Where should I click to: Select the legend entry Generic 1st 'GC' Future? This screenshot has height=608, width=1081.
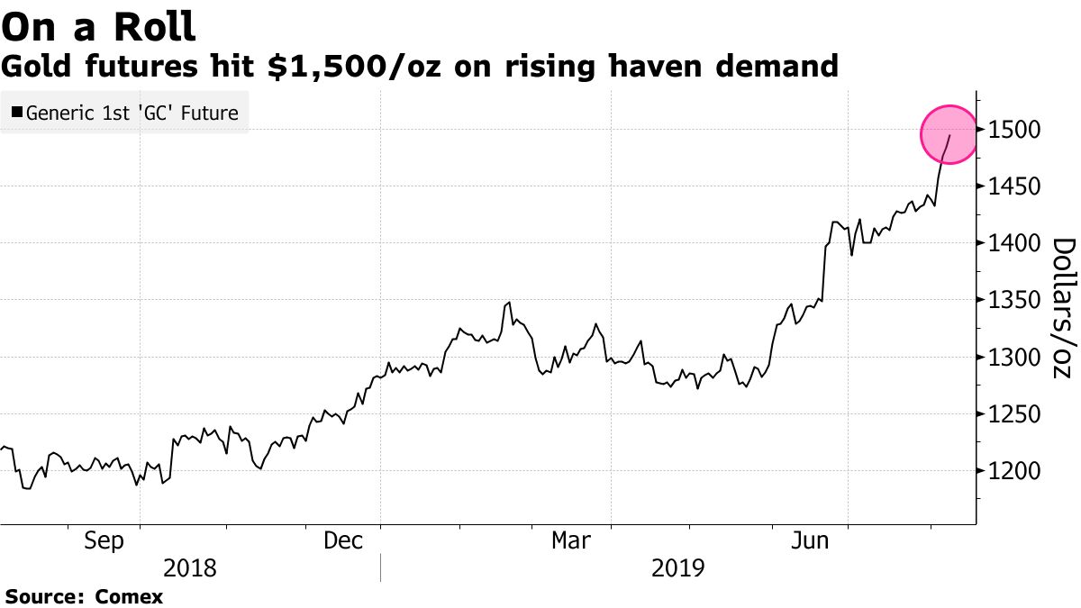tap(132, 113)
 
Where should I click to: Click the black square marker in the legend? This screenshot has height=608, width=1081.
tap(17, 113)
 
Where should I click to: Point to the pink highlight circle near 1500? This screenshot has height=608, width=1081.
tap(949, 134)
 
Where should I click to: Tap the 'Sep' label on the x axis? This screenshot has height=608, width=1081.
tap(104, 540)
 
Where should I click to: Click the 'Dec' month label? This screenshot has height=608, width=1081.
tap(343, 540)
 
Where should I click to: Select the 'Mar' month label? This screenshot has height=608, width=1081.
tap(572, 540)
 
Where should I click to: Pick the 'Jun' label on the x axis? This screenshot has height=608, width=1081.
tap(810, 540)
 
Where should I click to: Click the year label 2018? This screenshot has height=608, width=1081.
tap(191, 568)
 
